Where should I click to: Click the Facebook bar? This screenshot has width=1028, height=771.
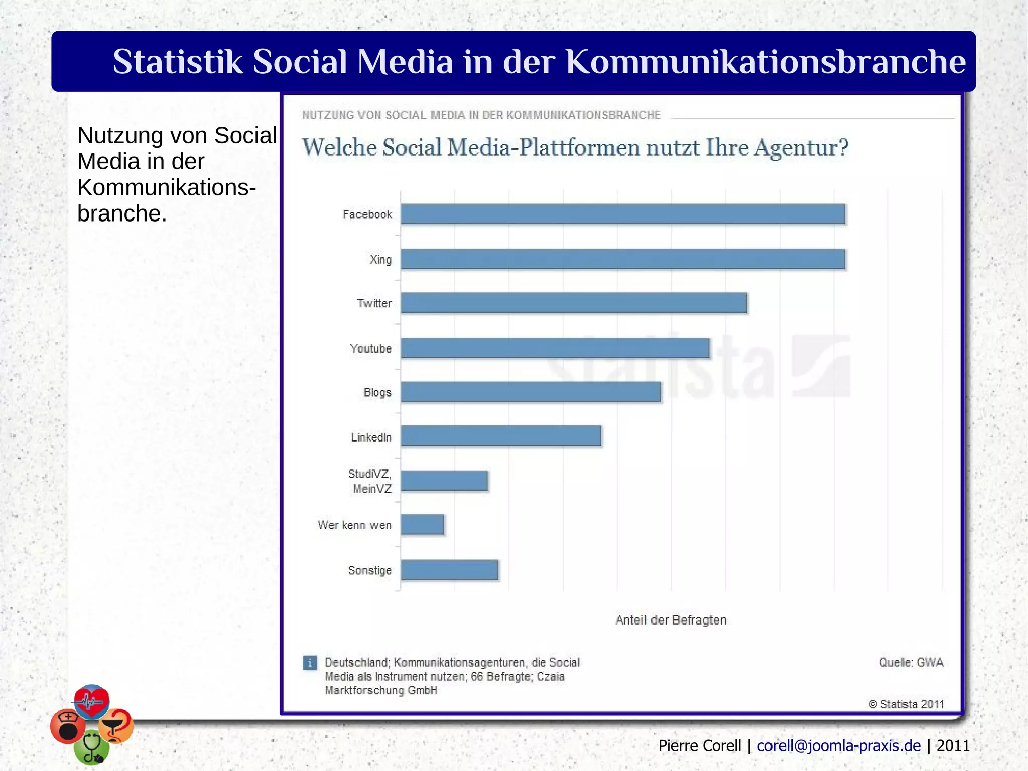pos(622,214)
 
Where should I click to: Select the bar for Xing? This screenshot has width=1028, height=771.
pos(622,259)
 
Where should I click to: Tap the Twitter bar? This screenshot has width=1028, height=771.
pos(574,303)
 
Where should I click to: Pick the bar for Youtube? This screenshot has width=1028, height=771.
pos(555,348)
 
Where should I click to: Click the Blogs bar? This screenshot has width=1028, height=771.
pos(531,392)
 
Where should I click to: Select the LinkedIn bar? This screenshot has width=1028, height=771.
pos(501,436)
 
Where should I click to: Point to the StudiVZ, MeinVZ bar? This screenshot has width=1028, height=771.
pos(444,481)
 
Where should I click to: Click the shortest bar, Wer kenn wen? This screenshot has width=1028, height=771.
pos(422,525)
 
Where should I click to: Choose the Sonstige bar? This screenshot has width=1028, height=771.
pos(449,570)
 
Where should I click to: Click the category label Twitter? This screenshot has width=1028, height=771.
pos(374,303)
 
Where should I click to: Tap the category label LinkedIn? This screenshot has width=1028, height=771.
pos(371,437)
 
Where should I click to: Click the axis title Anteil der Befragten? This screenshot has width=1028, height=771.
pos(671,620)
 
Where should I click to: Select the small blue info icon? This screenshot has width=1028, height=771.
pos(310,663)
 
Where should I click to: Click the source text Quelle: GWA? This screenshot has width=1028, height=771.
pos(911,662)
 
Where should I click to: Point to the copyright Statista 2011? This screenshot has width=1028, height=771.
pos(906,704)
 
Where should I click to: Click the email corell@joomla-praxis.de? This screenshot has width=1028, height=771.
pos(839,745)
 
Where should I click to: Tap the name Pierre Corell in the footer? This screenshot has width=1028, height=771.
pos(699,745)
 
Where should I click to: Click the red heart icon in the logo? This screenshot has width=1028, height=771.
pos(91,700)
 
